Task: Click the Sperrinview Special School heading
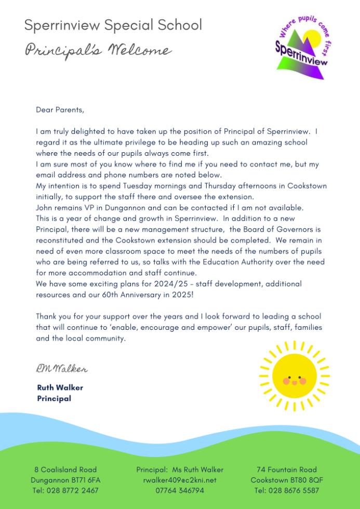pos(113,25)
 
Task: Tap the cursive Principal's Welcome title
pos(98,51)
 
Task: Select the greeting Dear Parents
pos(60,110)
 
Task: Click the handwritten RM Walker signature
pos(62,369)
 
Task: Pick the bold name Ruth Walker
pos(60,387)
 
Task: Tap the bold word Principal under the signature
pos(54,399)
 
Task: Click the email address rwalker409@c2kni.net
pos(180,480)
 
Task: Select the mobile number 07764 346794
pos(180,490)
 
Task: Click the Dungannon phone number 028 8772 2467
pos(65,490)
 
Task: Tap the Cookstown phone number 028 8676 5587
pos(287,490)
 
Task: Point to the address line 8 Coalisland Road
pos(65,470)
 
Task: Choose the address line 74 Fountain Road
pos(287,470)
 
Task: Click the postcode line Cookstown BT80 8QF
pos(287,480)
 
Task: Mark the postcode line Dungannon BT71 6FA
pos(65,480)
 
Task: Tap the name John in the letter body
pos(45,208)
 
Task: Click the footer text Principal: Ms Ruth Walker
pos(180,470)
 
